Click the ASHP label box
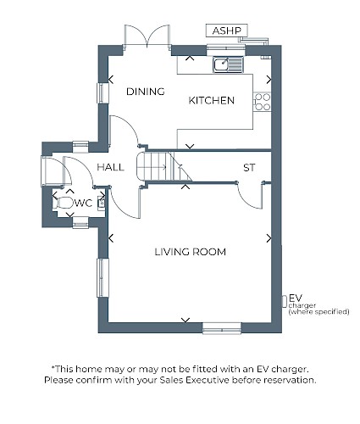(227, 31)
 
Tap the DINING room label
(146, 92)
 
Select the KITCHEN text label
(212, 100)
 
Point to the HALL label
(110, 167)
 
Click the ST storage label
(249, 168)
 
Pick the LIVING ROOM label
(191, 252)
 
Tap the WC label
(83, 203)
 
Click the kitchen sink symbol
(228, 64)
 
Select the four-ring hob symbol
(263, 102)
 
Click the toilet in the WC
(64, 203)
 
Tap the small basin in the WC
(102, 203)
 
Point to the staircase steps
(164, 167)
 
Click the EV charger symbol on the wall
(285, 301)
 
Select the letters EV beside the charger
(296, 298)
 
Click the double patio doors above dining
(147, 36)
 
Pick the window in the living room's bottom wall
(222, 328)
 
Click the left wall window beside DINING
(102, 93)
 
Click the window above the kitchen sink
(226, 50)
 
